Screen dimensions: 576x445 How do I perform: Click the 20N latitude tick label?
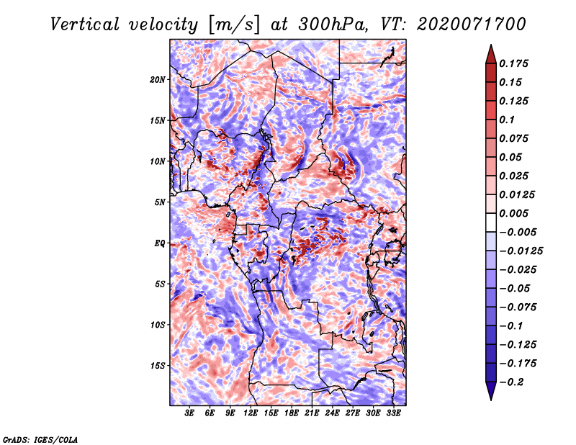tap(158, 80)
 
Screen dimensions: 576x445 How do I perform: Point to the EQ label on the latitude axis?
tap(159, 243)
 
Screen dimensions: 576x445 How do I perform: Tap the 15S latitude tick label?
tap(158, 366)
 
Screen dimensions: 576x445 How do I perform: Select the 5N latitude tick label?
tap(160, 202)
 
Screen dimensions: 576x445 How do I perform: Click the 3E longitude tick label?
tap(189, 413)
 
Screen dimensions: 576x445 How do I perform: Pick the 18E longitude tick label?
tap(292, 413)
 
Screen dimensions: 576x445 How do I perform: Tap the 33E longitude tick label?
tap(393, 413)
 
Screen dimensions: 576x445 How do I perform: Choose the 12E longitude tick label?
tap(251, 413)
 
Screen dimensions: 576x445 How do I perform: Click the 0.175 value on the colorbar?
tap(513, 63)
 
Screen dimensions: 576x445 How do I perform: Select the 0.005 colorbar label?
tap(513, 213)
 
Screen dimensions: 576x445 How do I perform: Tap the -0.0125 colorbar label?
tap(521, 251)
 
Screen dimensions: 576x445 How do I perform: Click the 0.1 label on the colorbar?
tap(507, 120)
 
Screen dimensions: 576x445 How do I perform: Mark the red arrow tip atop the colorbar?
tap(491, 45)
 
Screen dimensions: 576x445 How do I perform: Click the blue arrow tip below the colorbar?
tap(491, 400)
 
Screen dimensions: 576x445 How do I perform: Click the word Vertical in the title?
tap(84, 24)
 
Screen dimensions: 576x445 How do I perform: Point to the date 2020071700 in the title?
tap(472, 24)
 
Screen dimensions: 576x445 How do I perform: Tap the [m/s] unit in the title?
tap(234, 25)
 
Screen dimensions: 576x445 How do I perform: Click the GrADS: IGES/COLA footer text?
tap(40, 440)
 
